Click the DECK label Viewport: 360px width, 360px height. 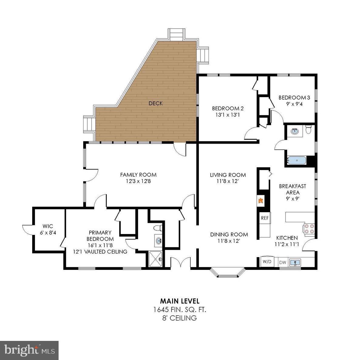click(x=155, y=104)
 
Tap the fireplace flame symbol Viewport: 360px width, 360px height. click(x=260, y=200)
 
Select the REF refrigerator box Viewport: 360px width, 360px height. click(x=265, y=218)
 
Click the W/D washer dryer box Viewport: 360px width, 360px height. click(x=267, y=262)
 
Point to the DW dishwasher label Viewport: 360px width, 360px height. click(x=282, y=262)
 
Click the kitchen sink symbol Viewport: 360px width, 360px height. click(x=294, y=262)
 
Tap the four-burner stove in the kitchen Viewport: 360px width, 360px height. click(x=309, y=229)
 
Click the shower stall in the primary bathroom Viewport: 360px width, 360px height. click(x=156, y=259)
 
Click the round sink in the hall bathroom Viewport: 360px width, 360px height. click(x=294, y=131)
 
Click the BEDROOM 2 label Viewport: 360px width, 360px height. click(x=228, y=108)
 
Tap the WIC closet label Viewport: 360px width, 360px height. click(x=48, y=226)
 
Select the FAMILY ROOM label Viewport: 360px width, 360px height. click(x=138, y=175)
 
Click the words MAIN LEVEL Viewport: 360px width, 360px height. click(x=180, y=301)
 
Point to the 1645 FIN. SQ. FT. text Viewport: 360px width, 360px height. click(x=180, y=310)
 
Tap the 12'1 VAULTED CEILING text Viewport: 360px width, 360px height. click(x=100, y=252)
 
